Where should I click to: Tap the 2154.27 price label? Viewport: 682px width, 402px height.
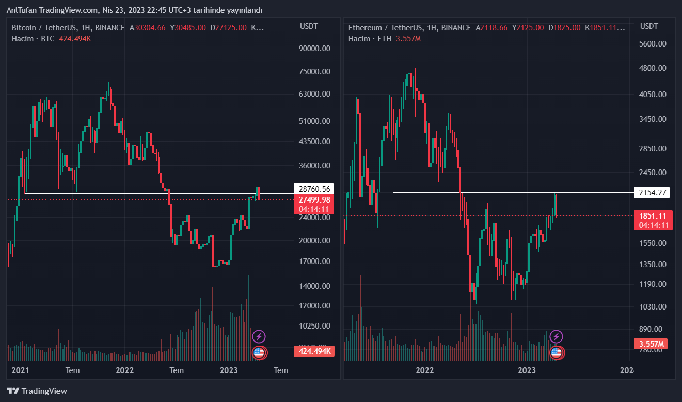[x=654, y=193]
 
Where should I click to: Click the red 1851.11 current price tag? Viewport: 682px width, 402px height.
[x=654, y=216]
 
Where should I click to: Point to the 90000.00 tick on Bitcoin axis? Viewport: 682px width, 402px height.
[x=314, y=49]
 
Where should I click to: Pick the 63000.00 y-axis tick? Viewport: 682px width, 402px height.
[x=314, y=94]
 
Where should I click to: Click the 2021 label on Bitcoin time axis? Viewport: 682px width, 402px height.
[x=20, y=370]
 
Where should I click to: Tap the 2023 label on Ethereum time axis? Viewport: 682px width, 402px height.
[x=527, y=370]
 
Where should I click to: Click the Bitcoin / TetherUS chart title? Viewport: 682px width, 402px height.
[x=68, y=28]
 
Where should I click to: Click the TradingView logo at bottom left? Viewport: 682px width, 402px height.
[x=37, y=391]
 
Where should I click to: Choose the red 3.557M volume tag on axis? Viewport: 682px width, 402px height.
[x=650, y=344]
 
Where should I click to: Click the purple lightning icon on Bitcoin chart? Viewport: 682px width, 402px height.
[x=259, y=337]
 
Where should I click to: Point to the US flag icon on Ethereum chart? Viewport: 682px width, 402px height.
[x=556, y=353]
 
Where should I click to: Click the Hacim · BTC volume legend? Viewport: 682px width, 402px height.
[x=33, y=39]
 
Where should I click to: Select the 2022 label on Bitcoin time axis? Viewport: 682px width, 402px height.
[x=124, y=370]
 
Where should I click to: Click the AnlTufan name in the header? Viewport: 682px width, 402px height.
[x=23, y=10]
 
